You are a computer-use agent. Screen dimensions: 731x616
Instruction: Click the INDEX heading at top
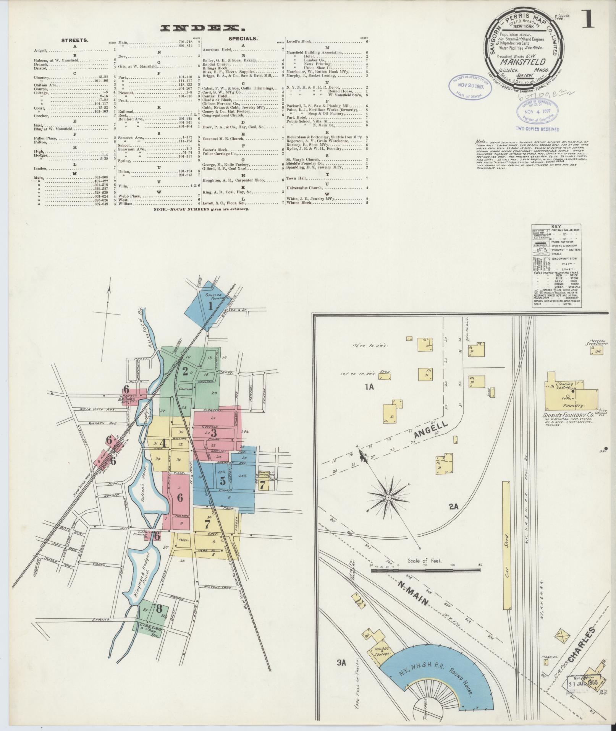(x=202, y=28)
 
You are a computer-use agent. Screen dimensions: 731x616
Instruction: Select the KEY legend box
(x=556, y=266)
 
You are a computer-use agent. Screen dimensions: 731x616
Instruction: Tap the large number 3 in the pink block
(x=213, y=433)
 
